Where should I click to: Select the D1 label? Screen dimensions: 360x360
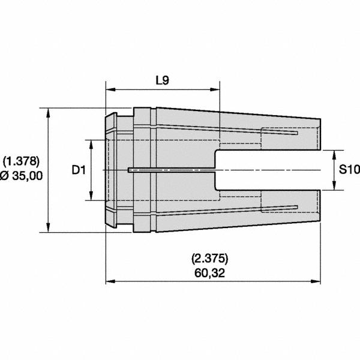coord(77,170)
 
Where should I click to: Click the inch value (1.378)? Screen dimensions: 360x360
coord(21,161)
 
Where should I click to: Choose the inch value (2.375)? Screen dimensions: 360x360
coord(210,259)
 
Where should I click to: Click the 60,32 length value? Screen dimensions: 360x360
coord(210,273)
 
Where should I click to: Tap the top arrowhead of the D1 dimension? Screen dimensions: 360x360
coord(91,143)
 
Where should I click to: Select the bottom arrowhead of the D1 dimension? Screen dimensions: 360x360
coord(91,197)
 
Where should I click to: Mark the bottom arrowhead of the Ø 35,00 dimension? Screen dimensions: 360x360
coord(48,229)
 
